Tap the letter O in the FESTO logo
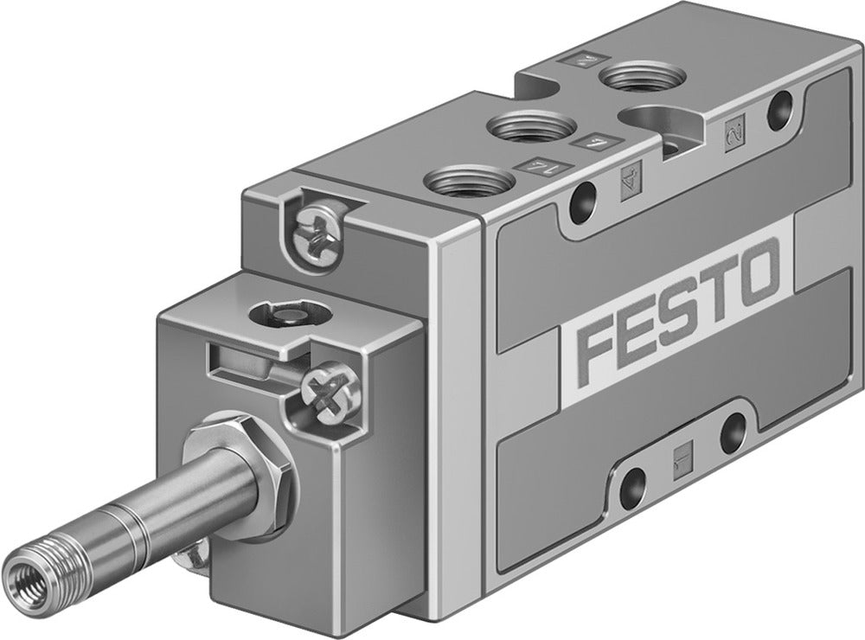(x=758, y=272)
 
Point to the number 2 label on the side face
(x=734, y=131)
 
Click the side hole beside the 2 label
(x=781, y=106)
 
